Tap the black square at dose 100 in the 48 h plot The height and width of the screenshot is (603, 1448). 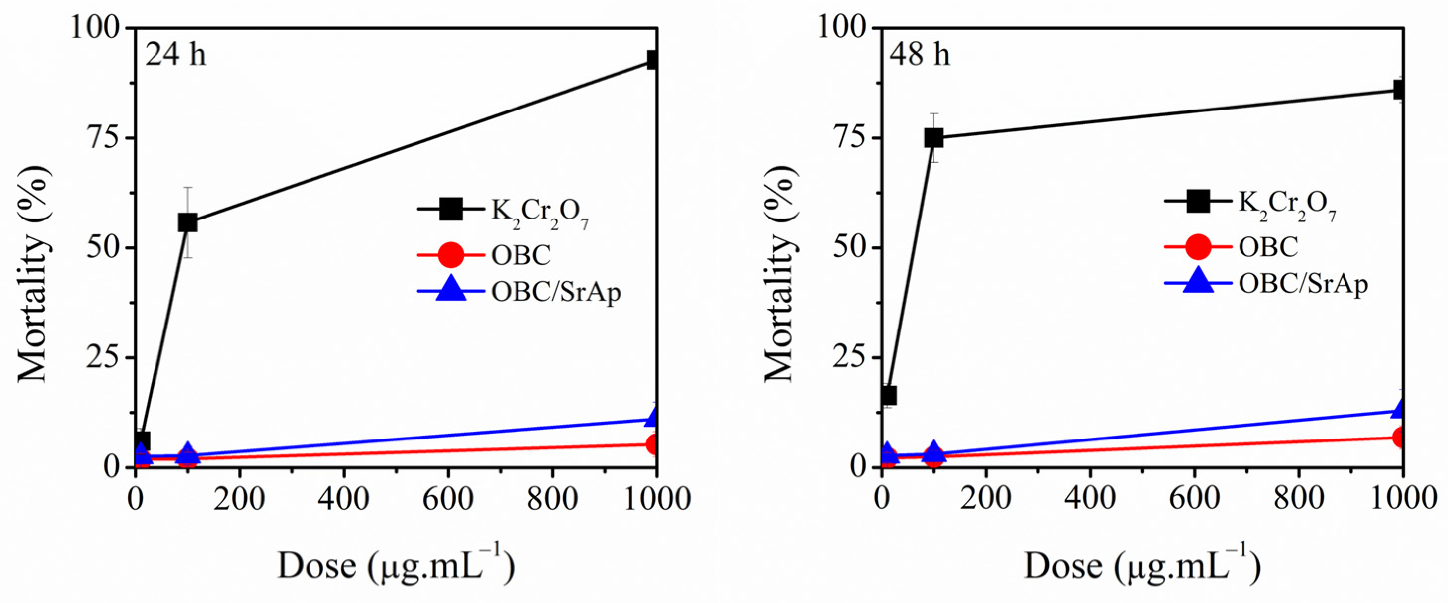pos(933,138)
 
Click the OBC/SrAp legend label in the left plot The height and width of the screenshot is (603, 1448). pos(555,291)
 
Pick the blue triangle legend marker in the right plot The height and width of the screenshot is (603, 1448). pos(1198,282)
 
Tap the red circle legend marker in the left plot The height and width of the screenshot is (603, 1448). pos(451,255)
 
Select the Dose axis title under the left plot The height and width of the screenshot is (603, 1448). pos(396,566)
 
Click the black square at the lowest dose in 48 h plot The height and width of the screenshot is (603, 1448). pos(888,395)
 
